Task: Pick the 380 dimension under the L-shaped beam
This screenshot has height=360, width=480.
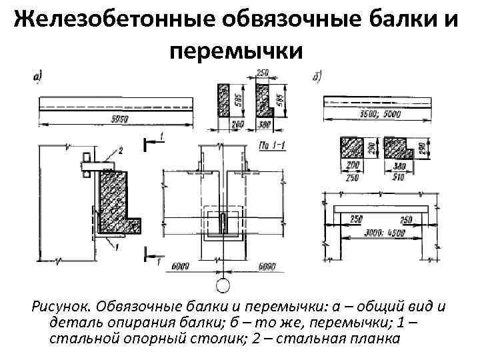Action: click(265, 124)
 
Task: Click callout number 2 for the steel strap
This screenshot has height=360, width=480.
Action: click(120, 149)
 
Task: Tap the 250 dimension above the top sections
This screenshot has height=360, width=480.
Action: click(261, 71)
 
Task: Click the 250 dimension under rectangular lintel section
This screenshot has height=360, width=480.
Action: click(351, 177)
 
